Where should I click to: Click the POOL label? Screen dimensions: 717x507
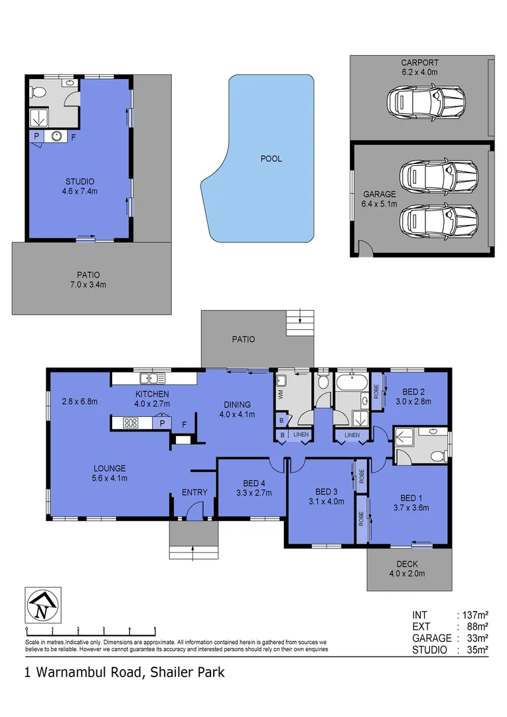tap(271, 159)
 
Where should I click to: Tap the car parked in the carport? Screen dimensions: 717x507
tap(425, 103)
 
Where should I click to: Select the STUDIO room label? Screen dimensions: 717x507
tap(80, 181)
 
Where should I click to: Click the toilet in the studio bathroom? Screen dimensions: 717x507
tap(38, 92)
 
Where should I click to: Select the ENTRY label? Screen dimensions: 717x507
tap(194, 493)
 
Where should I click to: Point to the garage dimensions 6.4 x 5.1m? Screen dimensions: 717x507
tap(380, 204)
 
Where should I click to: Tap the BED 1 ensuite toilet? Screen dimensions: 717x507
tap(436, 455)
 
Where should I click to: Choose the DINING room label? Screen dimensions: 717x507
tap(237, 404)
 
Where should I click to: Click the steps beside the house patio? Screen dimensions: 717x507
tap(299, 325)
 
